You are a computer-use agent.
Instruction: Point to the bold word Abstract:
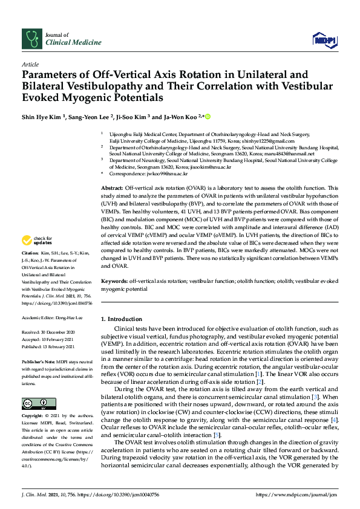[113, 189]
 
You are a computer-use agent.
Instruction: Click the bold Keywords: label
[114, 282]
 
